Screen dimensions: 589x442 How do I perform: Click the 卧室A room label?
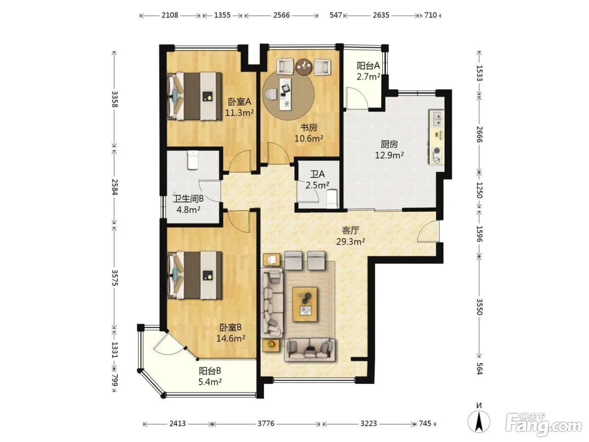tap(239, 102)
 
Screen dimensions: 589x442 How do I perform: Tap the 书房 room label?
tap(308, 128)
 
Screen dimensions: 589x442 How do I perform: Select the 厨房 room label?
tap(389, 144)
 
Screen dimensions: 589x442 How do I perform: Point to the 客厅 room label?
tap(350, 231)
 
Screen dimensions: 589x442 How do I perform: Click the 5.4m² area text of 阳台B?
tap(210, 382)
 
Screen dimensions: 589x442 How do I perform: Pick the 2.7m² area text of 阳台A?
tap(368, 77)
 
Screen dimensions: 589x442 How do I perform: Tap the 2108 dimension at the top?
tap(170, 15)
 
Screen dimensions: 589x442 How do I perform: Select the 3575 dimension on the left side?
tap(115, 278)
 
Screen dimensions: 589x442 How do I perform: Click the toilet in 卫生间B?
tap(193, 160)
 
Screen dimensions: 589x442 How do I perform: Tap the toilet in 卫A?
tap(332, 199)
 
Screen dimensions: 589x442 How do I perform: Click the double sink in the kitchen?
tap(437, 119)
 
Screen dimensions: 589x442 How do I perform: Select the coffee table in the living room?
tap(305, 304)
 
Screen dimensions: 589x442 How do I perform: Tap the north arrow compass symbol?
tap(479, 421)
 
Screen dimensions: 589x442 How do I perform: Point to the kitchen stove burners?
tap(437, 156)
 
